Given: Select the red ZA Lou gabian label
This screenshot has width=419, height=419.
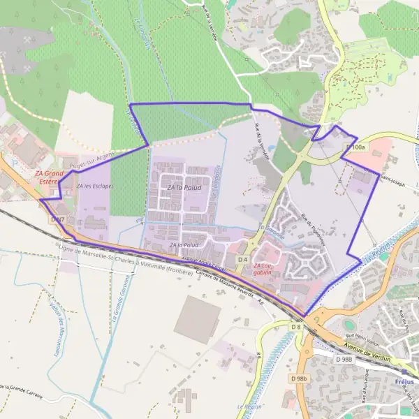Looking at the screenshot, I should [263, 270].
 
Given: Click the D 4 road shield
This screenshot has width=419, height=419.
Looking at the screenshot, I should [242, 260].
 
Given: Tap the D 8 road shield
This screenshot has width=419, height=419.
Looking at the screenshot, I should [296, 326].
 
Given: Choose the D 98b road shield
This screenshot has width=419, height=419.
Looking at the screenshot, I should [297, 378].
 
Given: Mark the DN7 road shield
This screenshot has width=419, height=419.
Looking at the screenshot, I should [58, 219].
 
